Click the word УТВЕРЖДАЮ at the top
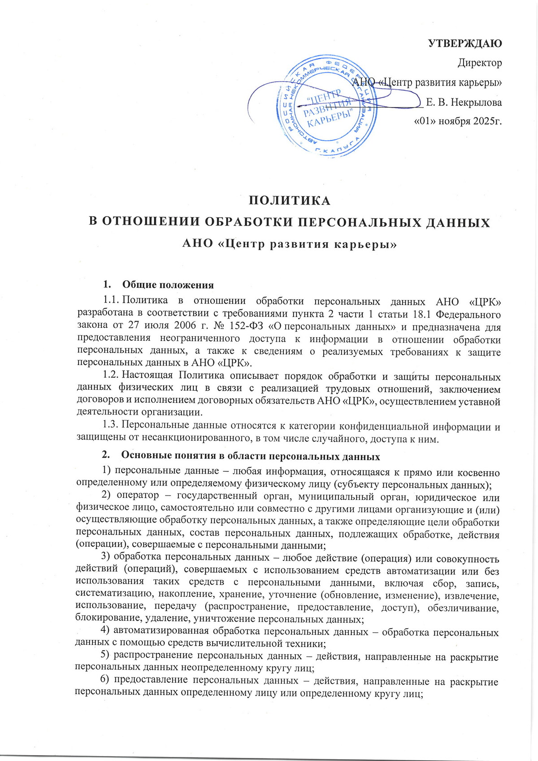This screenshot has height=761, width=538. [x=465, y=43]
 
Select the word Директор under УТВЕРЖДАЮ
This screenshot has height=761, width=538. [x=479, y=63]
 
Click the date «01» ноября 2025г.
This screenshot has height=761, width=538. [x=457, y=122]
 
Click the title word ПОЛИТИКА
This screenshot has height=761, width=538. [x=290, y=200]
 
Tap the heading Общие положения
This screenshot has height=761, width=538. [x=168, y=285]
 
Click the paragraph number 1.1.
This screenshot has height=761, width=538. [x=110, y=300]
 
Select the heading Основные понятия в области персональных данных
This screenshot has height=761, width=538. [x=250, y=456]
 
